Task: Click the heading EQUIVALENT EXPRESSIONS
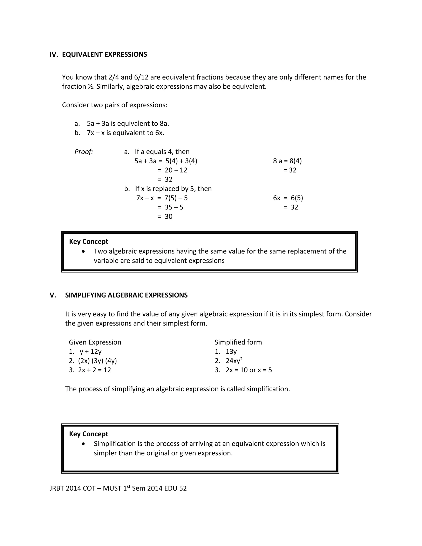[104, 55]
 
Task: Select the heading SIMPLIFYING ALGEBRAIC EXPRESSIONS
[126, 295]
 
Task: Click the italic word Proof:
[84, 152]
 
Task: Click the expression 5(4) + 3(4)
[181, 161]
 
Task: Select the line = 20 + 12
[172, 170]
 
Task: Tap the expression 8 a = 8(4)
[287, 161]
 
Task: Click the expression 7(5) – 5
[176, 198]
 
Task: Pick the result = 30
[165, 217]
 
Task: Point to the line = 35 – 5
[170, 207]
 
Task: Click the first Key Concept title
[88, 241]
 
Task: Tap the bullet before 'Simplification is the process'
[83, 444]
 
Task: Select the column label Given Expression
[95, 342]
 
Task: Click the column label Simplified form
[238, 342]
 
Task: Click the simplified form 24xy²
[234, 361]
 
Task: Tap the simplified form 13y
[231, 352]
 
